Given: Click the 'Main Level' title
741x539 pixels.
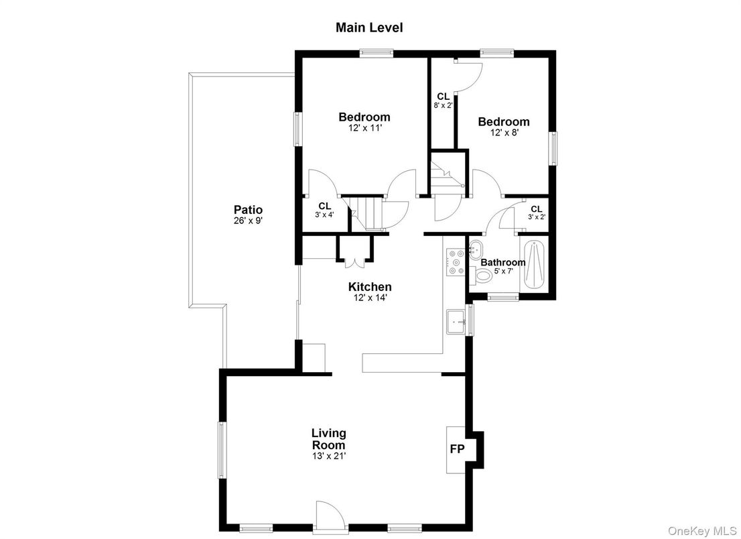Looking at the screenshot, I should pos(369,27).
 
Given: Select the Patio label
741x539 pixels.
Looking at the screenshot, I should pos(248,209).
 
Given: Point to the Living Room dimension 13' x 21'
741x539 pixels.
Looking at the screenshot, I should pos(328,456).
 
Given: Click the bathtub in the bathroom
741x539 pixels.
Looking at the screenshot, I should pos(534,264).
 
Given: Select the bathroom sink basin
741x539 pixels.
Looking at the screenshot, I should pos(476,247).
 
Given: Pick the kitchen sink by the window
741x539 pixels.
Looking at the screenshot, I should pos(457,320).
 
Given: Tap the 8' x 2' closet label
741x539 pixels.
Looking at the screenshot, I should pos(443,101).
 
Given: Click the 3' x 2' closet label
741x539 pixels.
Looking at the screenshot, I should pos(537,213).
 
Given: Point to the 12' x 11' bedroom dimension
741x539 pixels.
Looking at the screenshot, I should pos(364,127).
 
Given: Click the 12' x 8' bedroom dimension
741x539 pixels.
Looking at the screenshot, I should pos(503,133).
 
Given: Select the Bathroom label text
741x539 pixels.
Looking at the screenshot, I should pos(502,262).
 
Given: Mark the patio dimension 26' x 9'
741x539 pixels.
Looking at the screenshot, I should pos(248,220).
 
